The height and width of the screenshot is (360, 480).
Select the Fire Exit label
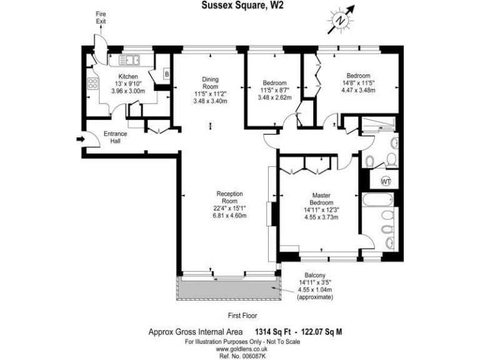point(101,17)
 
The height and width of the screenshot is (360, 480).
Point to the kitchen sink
point(131,60)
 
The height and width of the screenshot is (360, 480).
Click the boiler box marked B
point(166,74)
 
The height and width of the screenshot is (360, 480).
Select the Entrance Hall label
point(115,137)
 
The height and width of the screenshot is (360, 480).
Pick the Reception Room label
point(229,197)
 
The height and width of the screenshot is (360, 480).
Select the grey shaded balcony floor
point(228,288)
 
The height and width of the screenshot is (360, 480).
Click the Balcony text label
point(315,275)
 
